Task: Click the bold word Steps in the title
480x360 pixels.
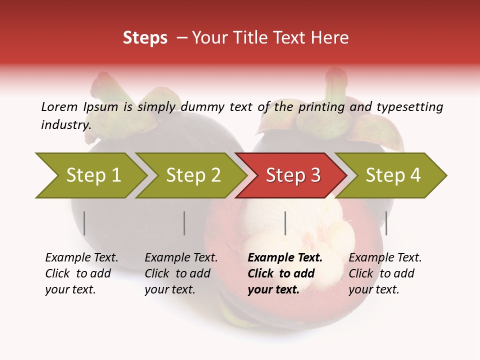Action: click(x=145, y=38)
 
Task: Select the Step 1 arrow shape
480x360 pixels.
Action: click(x=90, y=175)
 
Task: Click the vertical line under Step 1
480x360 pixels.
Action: click(x=84, y=223)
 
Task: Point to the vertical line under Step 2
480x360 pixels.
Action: click(x=184, y=223)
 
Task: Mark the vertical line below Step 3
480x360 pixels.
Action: click(x=285, y=223)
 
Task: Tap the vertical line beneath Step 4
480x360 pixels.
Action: click(x=386, y=223)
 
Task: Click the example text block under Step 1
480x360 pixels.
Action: click(x=81, y=273)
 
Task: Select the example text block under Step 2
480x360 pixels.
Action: click(x=181, y=273)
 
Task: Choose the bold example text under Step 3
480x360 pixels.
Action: click(x=285, y=273)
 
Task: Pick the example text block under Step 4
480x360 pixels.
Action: click(x=385, y=273)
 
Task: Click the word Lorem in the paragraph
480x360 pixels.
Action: click(x=59, y=107)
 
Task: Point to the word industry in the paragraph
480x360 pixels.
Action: click(x=66, y=125)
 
